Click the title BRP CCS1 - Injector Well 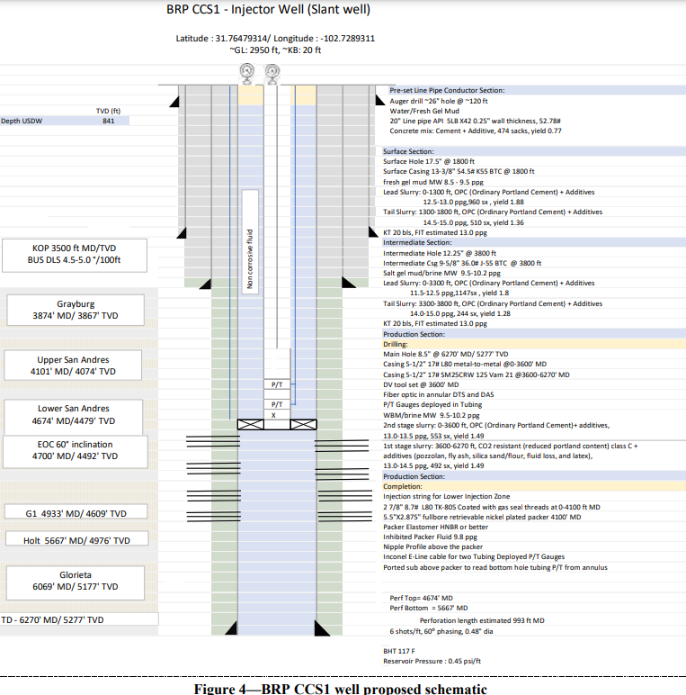(x=268, y=12)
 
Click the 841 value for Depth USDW (x=109, y=121)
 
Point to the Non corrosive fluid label (x=251, y=260)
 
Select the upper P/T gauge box (x=277, y=384)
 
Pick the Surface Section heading (x=408, y=151)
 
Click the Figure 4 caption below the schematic (x=341, y=689)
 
